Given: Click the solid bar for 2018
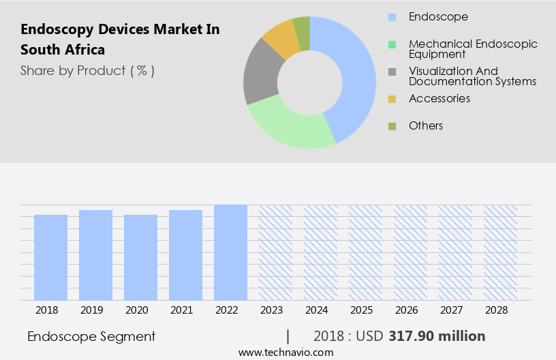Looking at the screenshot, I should pos(50,257).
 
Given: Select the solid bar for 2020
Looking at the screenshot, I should pos(140,257).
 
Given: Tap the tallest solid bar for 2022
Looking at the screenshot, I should pos(230,252).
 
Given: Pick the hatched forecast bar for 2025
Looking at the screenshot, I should pos(365,252).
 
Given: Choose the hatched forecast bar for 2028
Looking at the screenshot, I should pos(500,252).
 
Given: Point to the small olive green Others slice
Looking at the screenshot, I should pos(301,25).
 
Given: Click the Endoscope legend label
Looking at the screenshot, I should pos(438,16).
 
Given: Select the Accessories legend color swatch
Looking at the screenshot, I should pos(392,99).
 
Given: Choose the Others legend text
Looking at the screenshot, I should pos(426,125).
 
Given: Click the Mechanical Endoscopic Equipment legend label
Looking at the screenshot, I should pos(473,48).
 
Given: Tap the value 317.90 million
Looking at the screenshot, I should pos(437,336).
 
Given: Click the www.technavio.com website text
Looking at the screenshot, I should pos(286,352).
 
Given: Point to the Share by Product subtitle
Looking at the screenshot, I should pos(87,70).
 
